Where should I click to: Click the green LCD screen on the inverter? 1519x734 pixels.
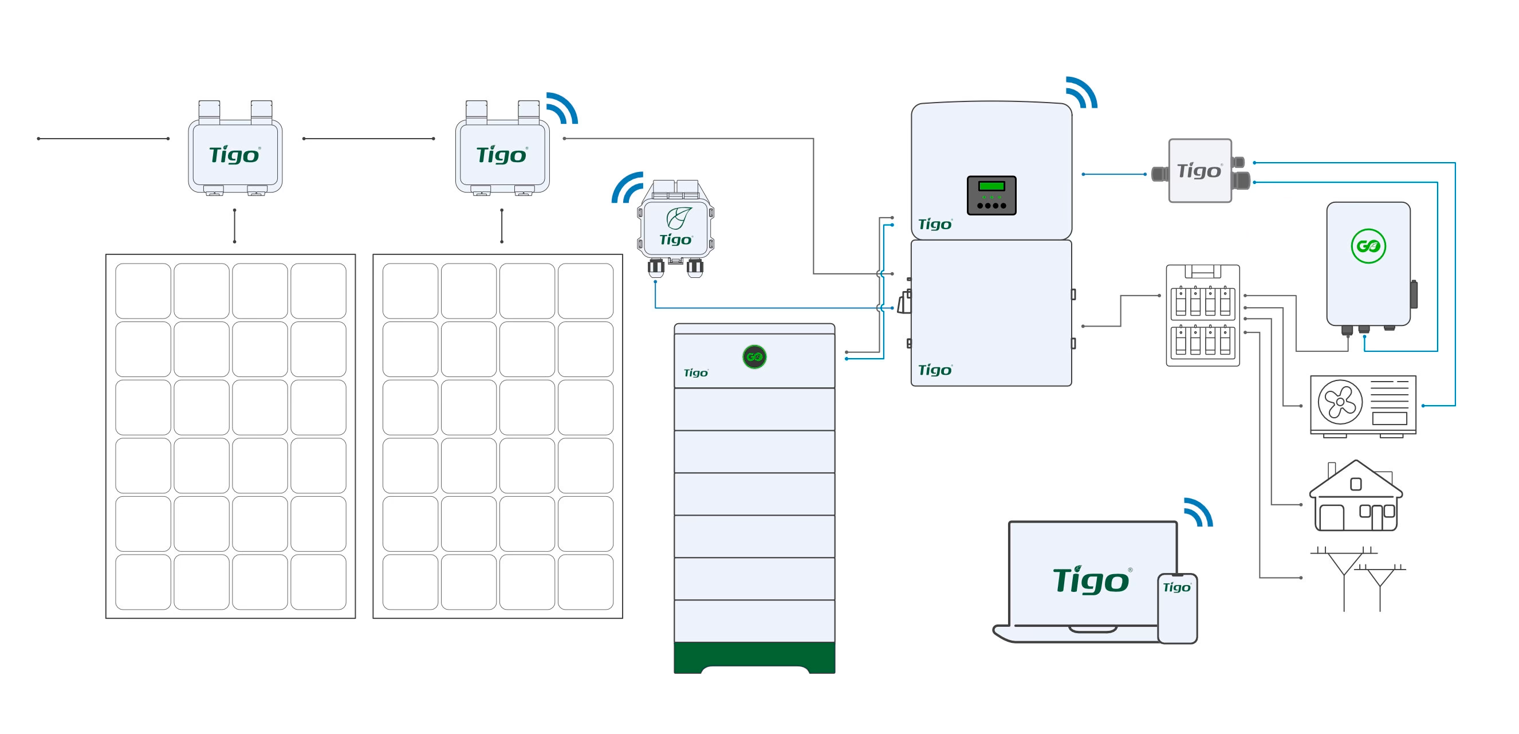point(991,186)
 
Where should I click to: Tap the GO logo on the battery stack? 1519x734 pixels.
point(754,356)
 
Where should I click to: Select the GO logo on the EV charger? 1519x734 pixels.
point(1368,246)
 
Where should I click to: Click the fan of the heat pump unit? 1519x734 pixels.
point(1340,402)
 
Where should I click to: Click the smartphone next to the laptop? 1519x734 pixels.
point(1177,608)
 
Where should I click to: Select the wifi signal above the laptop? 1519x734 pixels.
point(1197,512)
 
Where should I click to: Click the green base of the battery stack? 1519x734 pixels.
point(754,656)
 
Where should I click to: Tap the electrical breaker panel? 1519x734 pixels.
point(1203,316)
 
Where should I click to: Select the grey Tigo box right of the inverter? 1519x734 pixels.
point(1200,171)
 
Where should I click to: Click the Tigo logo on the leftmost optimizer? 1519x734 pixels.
point(234,155)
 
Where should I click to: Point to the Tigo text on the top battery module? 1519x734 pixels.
point(696,373)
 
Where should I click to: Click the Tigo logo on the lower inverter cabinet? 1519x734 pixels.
point(935,370)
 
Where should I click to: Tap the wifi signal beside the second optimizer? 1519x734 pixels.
point(561,108)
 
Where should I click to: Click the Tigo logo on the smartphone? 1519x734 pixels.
point(1176,587)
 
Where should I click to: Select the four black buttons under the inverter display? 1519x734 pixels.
point(991,205)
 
